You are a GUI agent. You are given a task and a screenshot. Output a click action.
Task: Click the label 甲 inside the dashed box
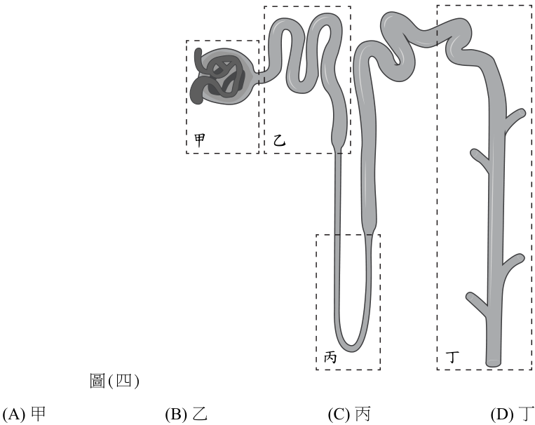click(x=200, y=140)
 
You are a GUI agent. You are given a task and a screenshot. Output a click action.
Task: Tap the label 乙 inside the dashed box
click(x=279, y=140)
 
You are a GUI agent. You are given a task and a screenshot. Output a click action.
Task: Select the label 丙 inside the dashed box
click(x=330, y=357)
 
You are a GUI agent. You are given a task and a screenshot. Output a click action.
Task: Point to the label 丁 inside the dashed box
click(x=452, y=357)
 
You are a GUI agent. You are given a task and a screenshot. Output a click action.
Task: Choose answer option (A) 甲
click(x=24, y=414)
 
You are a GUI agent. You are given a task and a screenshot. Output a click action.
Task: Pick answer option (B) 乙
click(x=187, y=414)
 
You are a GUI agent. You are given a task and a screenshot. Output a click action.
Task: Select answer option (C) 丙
click(x=349, y=414)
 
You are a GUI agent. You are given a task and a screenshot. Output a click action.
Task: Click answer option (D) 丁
click(x=513, y=414)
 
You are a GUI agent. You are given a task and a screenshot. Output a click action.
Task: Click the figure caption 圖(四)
click(x=115, y=381)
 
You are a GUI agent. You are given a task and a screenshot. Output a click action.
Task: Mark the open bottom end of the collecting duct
click(x=494, y=363)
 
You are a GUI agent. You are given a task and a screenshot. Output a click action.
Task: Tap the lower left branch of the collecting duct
click(x=476, y=302)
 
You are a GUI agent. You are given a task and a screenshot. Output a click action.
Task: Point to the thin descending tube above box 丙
click(x=337, y=193)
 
